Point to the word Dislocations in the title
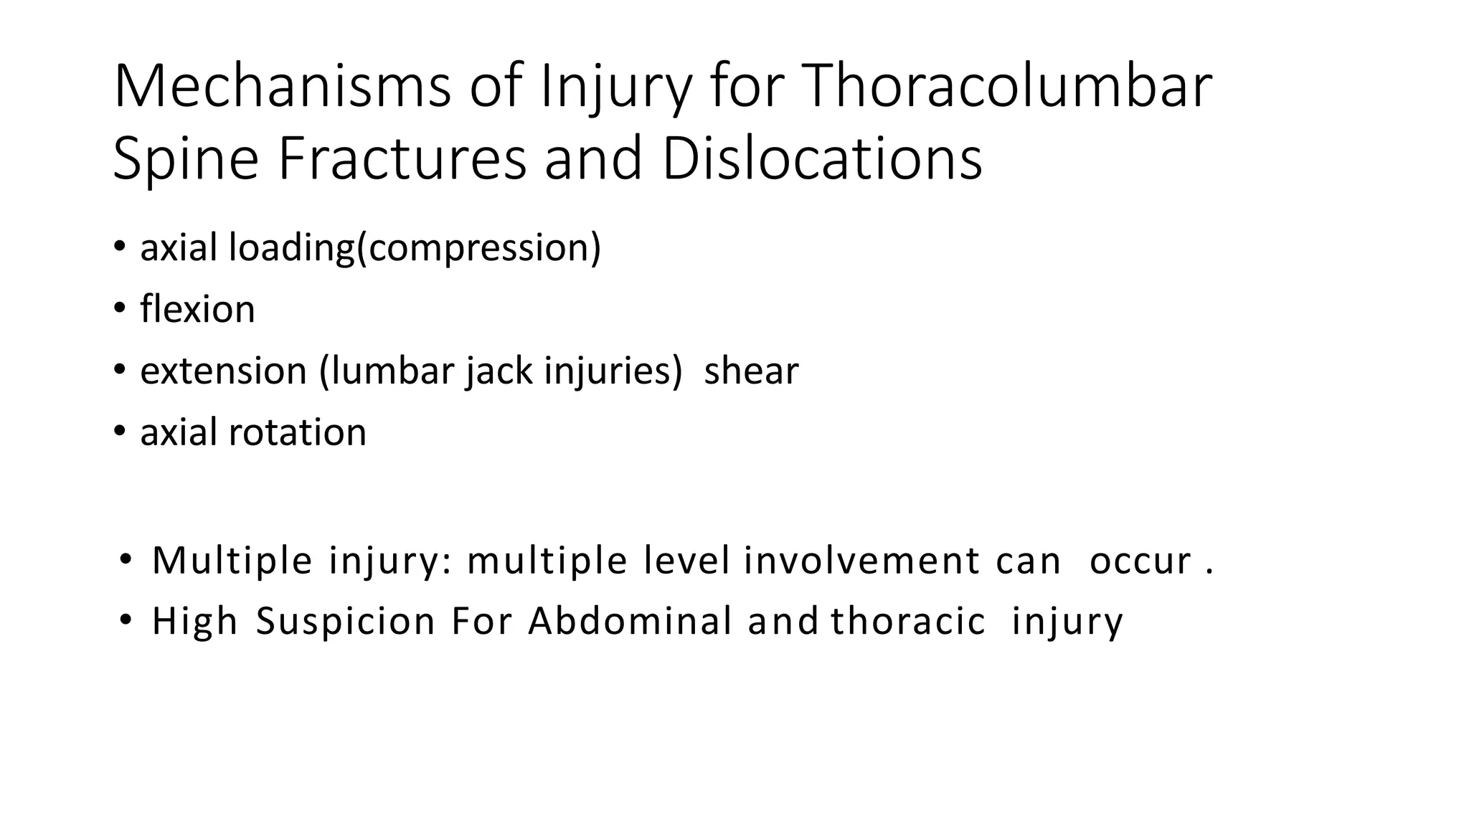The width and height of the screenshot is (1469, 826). pos(821,158)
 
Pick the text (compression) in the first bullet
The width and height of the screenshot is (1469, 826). pos(478,248)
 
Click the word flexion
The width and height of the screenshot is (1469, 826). pos(197,309)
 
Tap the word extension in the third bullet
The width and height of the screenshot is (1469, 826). pos(223,371)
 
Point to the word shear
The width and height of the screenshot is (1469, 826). pos(751,371)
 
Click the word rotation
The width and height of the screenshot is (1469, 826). pos(297,432)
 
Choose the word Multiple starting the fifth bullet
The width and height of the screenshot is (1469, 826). pos(232,561)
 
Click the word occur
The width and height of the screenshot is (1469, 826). pos(1140,561)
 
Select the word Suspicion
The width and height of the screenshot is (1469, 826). pos(346,621)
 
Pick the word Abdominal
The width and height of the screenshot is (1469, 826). pos(630,621)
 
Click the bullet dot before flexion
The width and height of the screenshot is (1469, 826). pos(119,309)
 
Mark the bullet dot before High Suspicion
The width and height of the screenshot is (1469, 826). pos(126,619)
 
